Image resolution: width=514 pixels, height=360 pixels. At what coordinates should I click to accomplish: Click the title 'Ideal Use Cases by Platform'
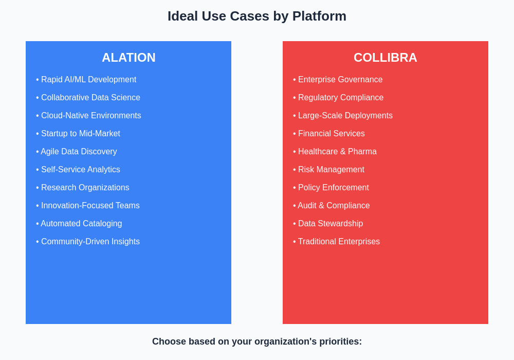pos(257,16)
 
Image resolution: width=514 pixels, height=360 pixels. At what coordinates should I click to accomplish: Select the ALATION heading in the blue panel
pos(128,58)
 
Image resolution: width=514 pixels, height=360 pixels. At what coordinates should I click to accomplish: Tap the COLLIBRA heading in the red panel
pos(385,58)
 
